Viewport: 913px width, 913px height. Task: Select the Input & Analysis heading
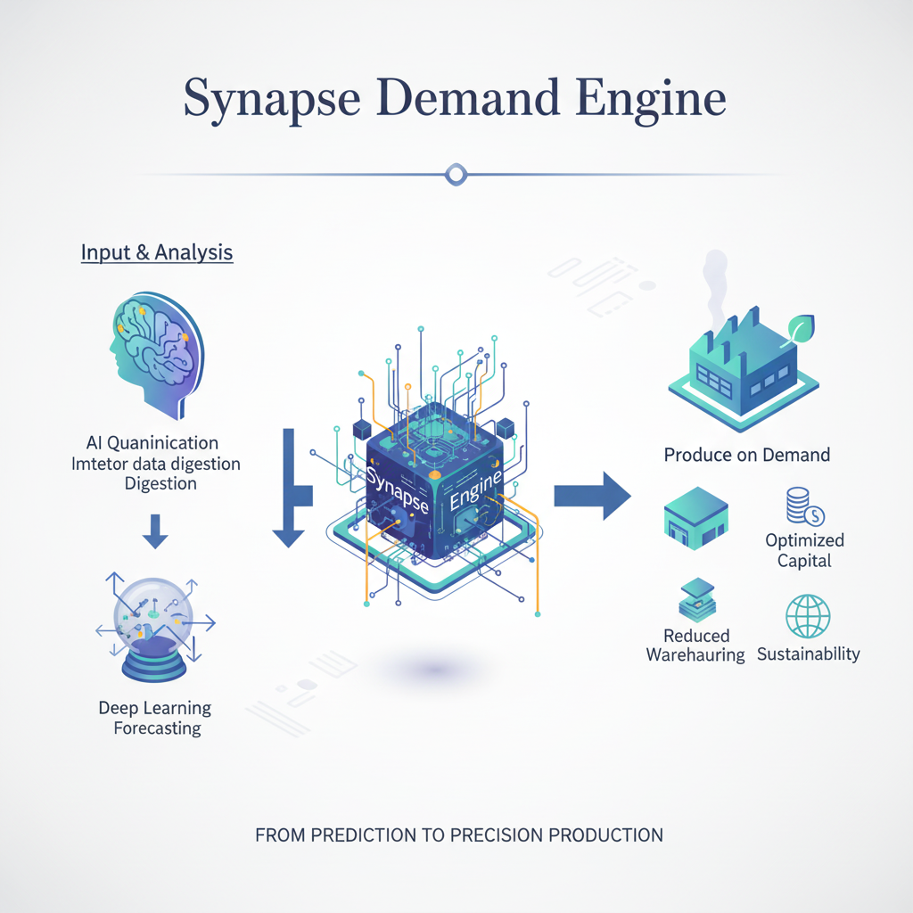pyautogui.click(x=157, y=252)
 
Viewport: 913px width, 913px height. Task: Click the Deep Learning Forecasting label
pyautogui.click(x=155, y=718)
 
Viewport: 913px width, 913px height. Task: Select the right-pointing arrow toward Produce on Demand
pyautogui.click(x=592, y=495)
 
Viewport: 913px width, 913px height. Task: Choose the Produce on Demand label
pyautogui.click(x=747, y=455)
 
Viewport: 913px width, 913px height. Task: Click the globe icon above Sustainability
pyautogui.click(x=808, y=616)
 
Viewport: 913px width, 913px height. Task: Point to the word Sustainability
pyautogui.click(x=808, y=654)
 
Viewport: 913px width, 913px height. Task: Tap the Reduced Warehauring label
pyautogui.click(x=695, y=646)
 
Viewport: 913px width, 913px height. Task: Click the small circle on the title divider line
pyautogui.click(x=456, y=175)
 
